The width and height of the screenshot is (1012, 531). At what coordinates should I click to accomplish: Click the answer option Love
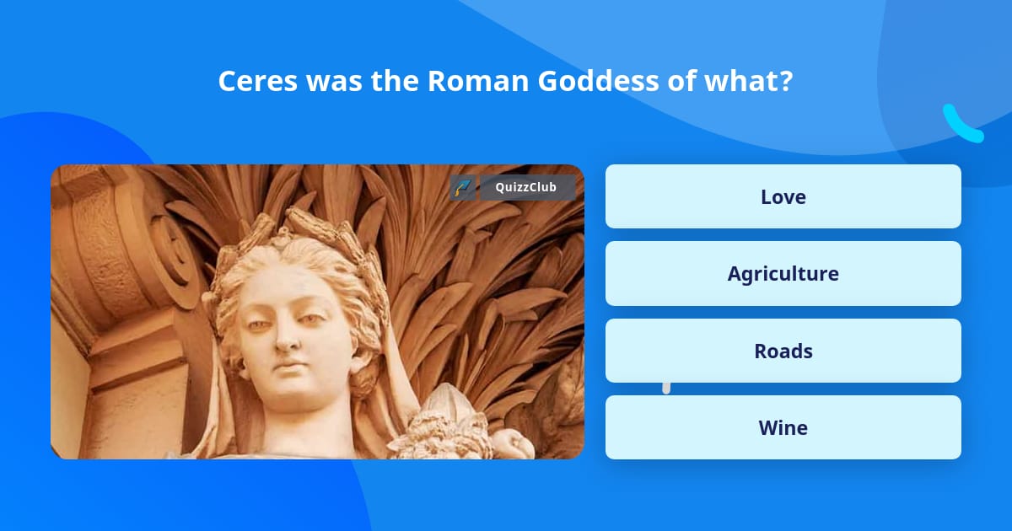[783, 196]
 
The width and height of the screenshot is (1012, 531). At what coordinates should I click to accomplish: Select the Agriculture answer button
[783, 273]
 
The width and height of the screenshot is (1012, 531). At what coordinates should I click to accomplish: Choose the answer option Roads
[783, 351]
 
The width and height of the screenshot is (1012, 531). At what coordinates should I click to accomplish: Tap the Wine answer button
[783, 427]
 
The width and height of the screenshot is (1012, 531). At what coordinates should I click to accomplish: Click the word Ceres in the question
[257, 81]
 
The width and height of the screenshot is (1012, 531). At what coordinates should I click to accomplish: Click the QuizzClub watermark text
[525, 187]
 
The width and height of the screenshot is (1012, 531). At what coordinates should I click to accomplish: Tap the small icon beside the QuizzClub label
[462, 187]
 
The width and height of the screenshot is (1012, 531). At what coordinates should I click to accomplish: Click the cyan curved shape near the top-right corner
[961, 124]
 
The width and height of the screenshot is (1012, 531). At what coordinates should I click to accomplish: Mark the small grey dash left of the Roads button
[666, 388]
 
